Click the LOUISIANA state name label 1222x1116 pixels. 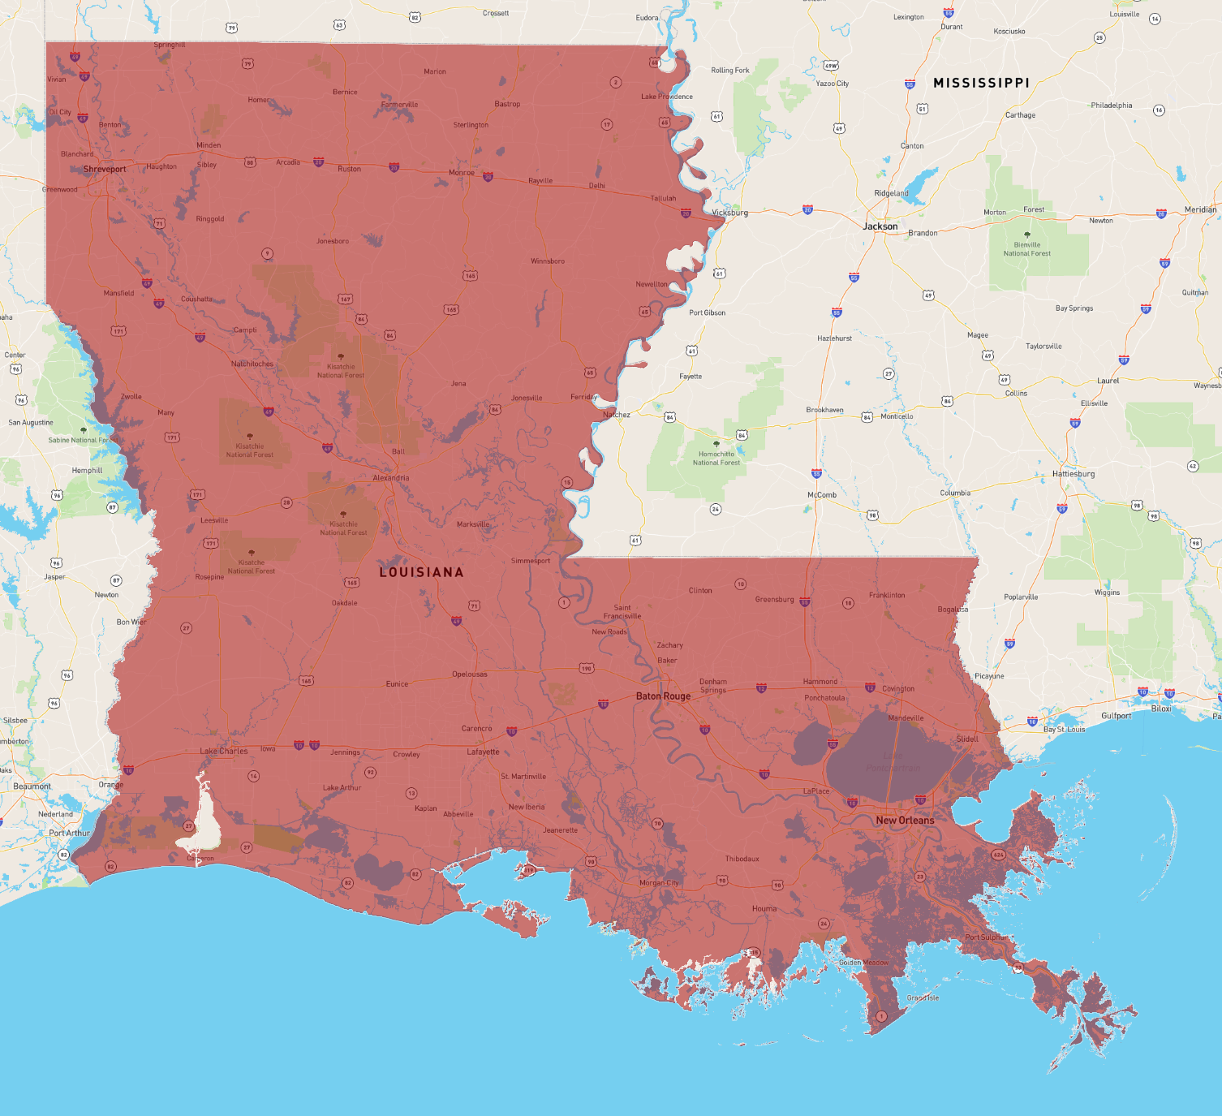[x=421, y=572]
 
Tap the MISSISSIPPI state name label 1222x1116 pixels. [x=981, y=83]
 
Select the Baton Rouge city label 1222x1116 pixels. [x=663, y=696]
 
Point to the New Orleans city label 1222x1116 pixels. [x=905, y=821]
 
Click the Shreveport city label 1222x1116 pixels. [x=105, y=170]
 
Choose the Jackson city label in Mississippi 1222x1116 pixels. [x=880, y=226]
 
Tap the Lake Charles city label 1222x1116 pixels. [x=224, y=752]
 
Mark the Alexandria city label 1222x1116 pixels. [x=390, y=478]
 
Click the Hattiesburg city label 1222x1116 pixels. [x=1074, y=474]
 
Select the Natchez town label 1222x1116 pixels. [x=617, y=415]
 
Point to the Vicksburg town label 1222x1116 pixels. [x=729, y=213]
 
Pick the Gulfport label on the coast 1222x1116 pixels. [x=1116, y=716]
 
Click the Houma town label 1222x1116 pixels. [x=764, y=909]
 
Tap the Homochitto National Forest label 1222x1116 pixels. [x=716, y=459]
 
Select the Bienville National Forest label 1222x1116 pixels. [x=1026, y=249]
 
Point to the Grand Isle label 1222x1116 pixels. [x=923, y=998]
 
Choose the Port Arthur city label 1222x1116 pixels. [x=69, y=833]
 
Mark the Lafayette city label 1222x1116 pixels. [x=483, y=752]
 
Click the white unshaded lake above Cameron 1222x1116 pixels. [x=203, y=820]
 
